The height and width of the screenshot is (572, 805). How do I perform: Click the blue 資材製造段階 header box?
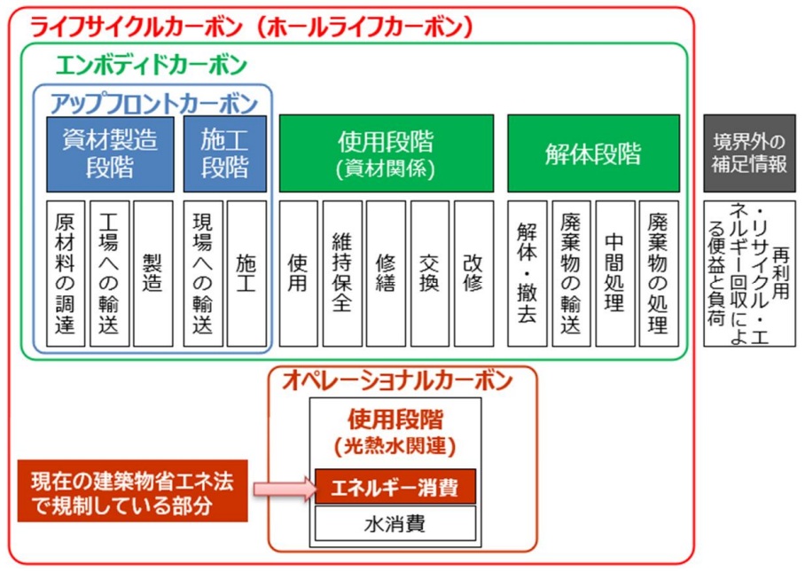(x=110, y=153)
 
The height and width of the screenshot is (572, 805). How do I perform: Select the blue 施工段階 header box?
(x=225, y=153)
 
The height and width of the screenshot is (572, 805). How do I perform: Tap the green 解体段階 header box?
(x=593, y=153)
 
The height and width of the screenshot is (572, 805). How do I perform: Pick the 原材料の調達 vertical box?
(x=66, y=273)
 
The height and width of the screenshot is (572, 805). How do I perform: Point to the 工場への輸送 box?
(x=109, y=273)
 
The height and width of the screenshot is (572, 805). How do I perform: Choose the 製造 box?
(x=152, y=273)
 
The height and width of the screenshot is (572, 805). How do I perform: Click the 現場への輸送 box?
(x=203, y=273)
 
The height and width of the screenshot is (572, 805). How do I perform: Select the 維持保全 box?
(x=342, y=273)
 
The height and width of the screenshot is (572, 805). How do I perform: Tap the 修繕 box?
(x=386, y=273)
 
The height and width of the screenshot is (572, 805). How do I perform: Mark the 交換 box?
(x=429, y=273)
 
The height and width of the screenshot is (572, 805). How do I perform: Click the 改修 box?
(x=473, y=273)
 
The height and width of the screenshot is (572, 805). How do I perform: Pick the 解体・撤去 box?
(x=527, y=273)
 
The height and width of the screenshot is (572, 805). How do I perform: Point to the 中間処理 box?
(x=614, y=273)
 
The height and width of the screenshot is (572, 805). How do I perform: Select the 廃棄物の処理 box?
(x=657, y=273)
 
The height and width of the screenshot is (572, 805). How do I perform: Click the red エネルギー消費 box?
(x=395, y=487)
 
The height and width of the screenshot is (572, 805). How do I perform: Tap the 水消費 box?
(x=395, y=523)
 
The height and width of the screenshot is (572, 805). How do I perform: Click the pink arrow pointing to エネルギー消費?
(x=282, y=487)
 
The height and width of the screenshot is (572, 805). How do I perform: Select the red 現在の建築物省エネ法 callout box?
(x=132, y=493)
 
